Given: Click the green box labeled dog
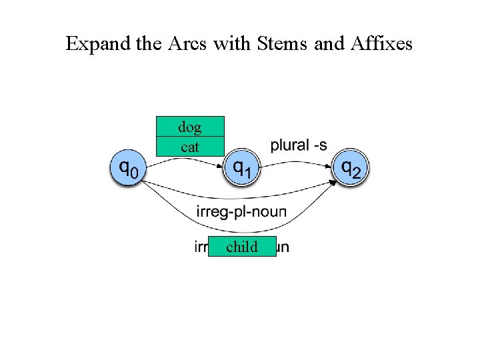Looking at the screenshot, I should point(190,126).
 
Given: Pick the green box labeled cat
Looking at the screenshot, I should point(190,147).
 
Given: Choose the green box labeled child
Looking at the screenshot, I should point(242,247).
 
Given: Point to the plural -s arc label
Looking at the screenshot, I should point(298,145).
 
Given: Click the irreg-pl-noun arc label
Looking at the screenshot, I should point(241,211).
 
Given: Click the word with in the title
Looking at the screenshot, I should point(230,44).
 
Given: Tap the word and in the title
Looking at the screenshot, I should point(327,44).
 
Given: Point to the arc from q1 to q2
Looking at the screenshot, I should point(297,160).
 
